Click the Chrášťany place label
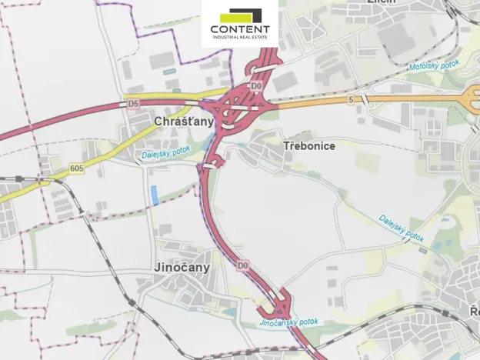pos(184,122)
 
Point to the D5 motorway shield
pos(133,102)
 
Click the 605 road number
pos(75,168)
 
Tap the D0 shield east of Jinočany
pos(243,266)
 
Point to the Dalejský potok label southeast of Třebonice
pos(401,228)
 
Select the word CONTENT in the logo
pos(240,31)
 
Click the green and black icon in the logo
pos(240,15)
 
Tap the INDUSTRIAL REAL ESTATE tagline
pos(240,40)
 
